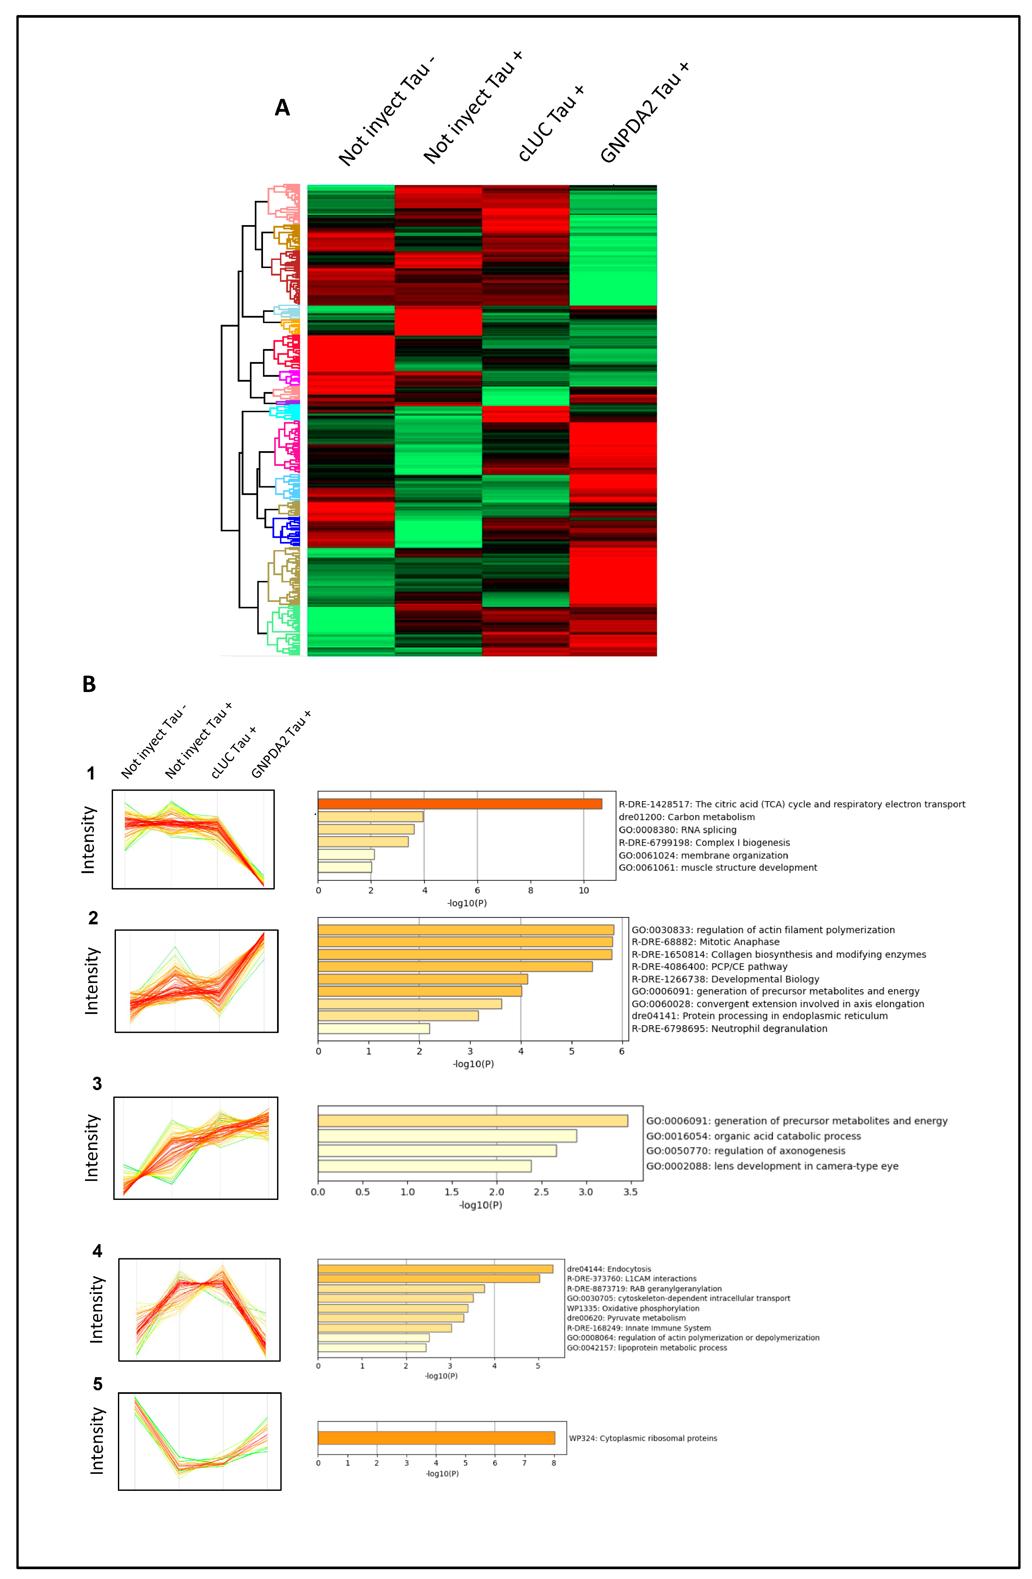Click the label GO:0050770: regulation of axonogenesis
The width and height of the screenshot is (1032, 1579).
(745, 1151)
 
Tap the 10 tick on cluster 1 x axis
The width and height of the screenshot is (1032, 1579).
(584, 890)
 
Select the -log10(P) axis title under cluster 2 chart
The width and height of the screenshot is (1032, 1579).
(473, 1064)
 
